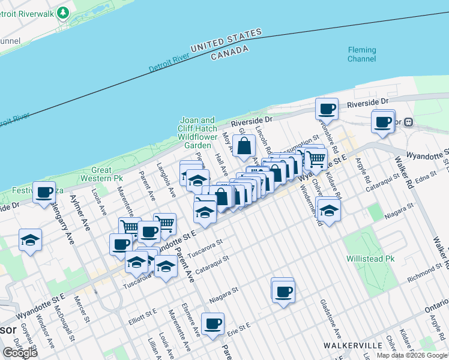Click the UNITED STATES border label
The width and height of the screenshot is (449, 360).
226,41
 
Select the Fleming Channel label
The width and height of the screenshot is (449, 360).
361,55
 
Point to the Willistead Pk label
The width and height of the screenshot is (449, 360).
369,259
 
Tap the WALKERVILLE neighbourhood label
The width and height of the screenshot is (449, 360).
352,346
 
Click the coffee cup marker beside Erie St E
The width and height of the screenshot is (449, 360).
212,323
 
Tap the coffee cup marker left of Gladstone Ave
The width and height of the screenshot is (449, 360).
283,292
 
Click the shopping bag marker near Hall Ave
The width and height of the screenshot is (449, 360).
244,145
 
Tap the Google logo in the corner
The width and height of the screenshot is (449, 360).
20,352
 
